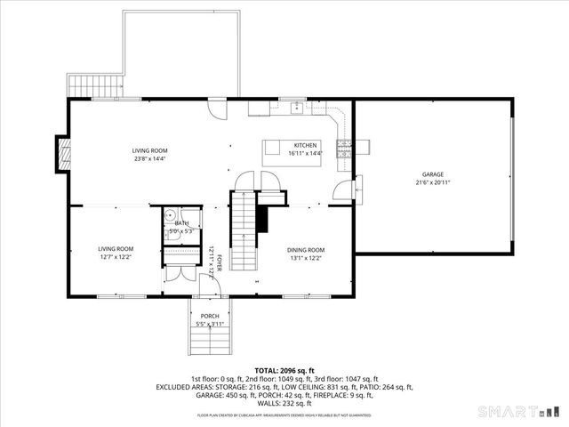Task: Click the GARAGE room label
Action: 433,174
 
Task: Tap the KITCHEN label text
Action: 306,145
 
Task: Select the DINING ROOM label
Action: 305,250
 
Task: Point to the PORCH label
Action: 210,317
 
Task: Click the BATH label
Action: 182,222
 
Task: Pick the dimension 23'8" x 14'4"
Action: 150,159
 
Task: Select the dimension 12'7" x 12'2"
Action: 116,257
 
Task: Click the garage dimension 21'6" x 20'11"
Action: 433,182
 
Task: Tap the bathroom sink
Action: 170,216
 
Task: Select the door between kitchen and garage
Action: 342,189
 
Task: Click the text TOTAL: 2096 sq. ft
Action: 284,369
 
